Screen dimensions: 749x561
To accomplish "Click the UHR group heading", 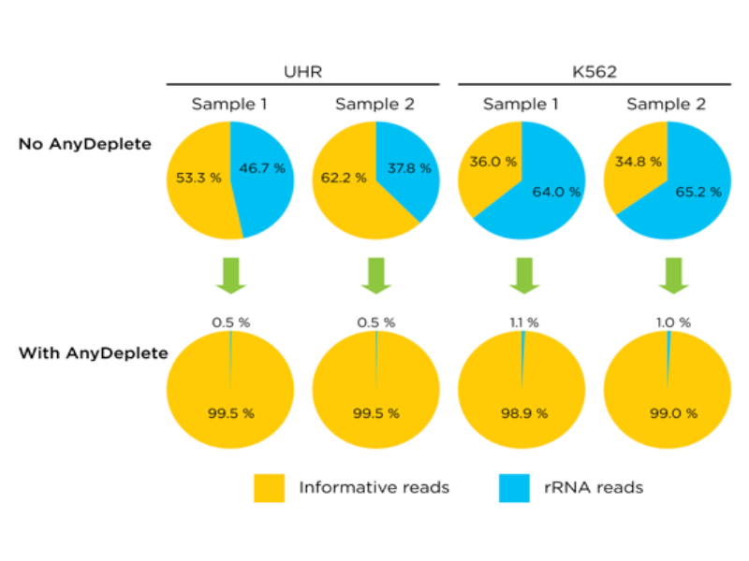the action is (x=302, y=72).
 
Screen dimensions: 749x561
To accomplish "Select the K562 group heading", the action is (x=595, y=72).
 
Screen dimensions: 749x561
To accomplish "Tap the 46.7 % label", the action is (x=262, y=168).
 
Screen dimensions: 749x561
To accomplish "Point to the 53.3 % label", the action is (x=198, y=178).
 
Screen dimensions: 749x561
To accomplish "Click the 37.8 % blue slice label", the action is (x=409, y=168).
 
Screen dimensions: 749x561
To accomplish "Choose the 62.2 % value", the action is (x=344, y=178).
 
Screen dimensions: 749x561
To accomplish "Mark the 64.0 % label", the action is (x=556, y=193).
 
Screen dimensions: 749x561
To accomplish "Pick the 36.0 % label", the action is (x=493, y=162).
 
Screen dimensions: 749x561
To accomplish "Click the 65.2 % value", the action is (x=698, y=193).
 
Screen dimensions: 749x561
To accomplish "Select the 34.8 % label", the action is (x=639, y=162).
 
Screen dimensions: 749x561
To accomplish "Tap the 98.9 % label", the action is (x=524, y=413).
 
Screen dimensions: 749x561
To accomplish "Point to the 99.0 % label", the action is (x=673, y=413).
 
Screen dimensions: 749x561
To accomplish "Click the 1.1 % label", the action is (x=524, y=323).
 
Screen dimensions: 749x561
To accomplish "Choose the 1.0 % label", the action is (x=673, y=323).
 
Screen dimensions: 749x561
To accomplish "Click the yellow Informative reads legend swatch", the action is (x=270, y=488).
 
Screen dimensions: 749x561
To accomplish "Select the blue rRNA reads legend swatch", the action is (x=514, y=488).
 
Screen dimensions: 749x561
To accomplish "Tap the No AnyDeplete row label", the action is (x=85, y=144).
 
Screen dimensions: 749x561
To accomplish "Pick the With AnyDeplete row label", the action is (x=94, y=353).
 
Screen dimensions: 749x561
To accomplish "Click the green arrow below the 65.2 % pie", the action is (x=673, y=276).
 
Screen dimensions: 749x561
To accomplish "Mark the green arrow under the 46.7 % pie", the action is (x=231, y=276).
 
